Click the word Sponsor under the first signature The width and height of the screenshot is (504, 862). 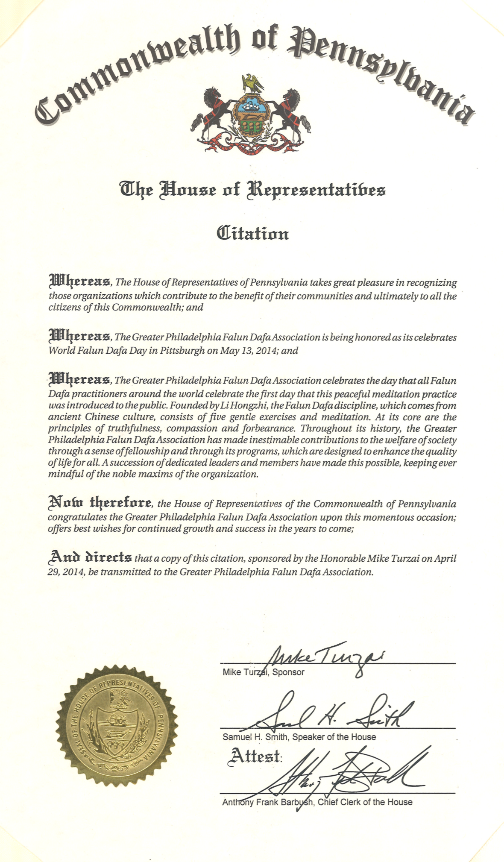288,672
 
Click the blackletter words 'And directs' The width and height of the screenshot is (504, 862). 90,557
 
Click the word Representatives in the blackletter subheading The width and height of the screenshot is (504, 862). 316,189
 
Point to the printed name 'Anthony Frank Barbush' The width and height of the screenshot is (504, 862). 267,802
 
